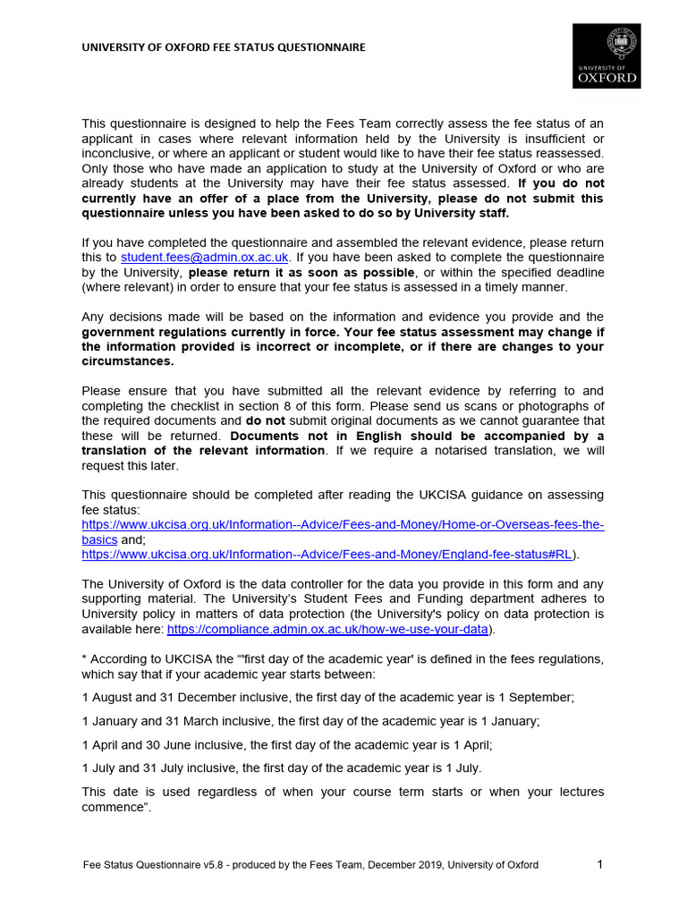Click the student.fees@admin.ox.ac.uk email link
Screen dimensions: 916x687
[205, 257]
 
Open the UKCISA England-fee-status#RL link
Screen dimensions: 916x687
[327, 555]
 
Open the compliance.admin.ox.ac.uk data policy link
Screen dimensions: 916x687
[328, 629]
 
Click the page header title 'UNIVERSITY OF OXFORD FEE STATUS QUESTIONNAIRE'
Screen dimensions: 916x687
[224, 47]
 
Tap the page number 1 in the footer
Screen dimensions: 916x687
[600, 864]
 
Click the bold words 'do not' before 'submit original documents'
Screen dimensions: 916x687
[266, 420]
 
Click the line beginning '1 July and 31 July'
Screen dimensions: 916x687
[281, 768]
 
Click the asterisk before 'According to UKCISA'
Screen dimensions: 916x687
[84, 658]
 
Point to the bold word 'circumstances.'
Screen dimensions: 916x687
[128, 361]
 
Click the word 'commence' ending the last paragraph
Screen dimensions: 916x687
[114, 808]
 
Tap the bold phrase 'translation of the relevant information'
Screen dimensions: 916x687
[203, 450]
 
